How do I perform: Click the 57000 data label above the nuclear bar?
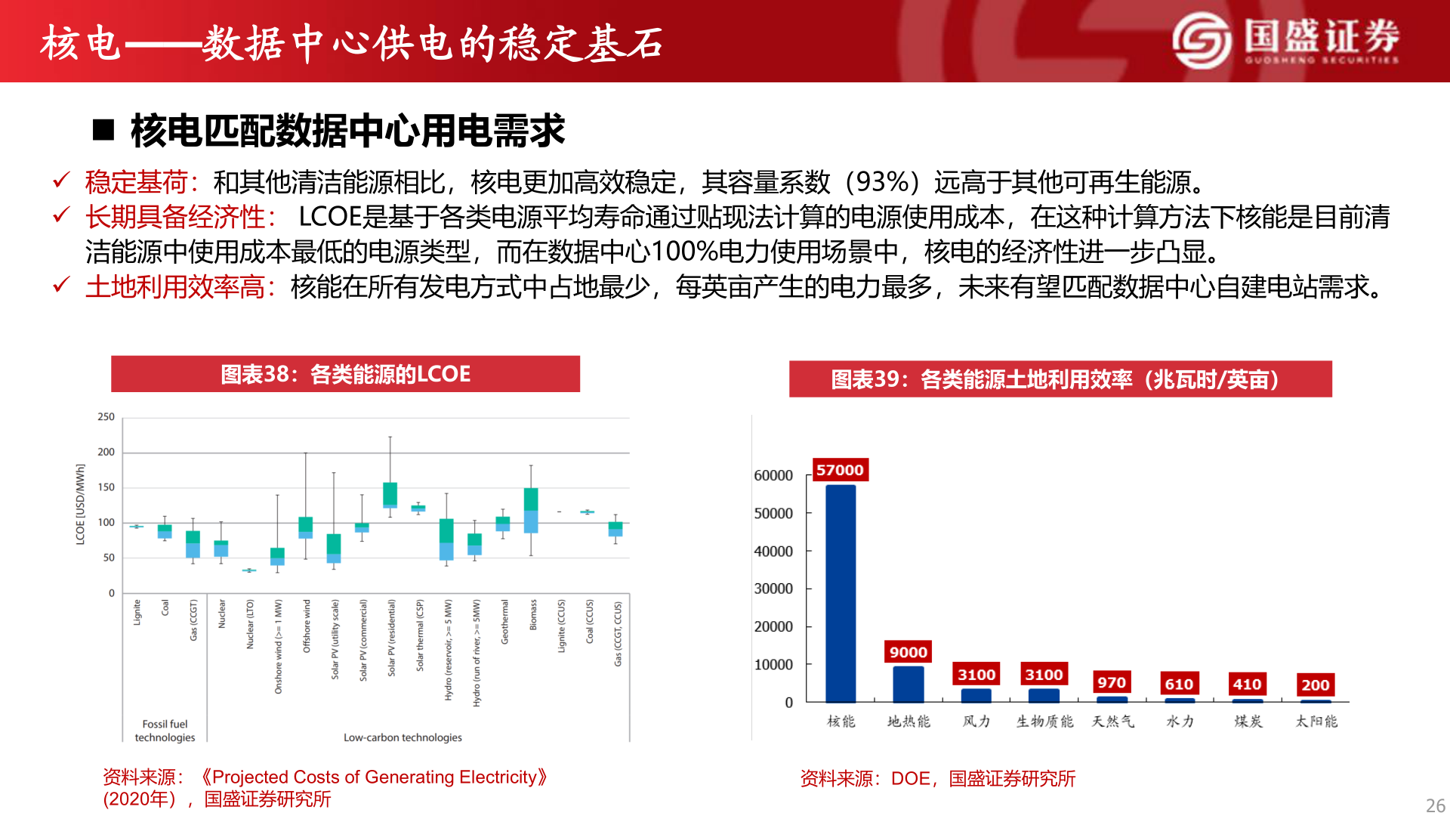[840, 470]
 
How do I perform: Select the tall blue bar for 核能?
[841, 593]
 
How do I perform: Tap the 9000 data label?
[908, 652]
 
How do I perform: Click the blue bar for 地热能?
[908, 684]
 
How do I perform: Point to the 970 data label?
[1112, 682]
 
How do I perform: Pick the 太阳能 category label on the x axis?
[1316, 722]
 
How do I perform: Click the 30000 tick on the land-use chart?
[773, 589]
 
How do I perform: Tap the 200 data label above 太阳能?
[1316, 685]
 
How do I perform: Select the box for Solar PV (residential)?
[390, 495]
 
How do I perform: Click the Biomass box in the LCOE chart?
[531, 510]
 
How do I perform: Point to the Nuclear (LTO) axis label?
[250, 624]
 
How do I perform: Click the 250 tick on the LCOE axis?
[106, 417]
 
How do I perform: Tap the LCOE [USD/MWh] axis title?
[80, 504]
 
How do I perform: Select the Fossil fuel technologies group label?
[165, 731]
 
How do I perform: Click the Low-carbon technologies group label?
[403, 737]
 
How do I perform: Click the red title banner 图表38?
[345, 374]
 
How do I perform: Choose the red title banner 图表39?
[1060, 379]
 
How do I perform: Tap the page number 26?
[1435, 805]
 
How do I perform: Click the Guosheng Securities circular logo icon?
[1201, 41]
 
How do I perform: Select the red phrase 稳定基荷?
[136, 182]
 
